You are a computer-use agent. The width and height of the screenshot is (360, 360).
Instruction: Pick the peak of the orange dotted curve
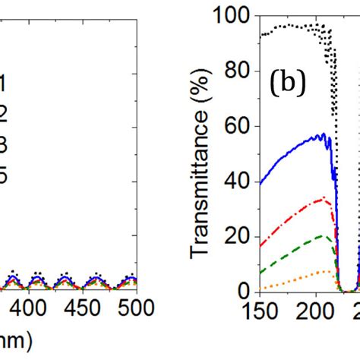click(x=327, y=270)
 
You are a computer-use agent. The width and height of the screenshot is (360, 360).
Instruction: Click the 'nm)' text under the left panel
click(x=15, y=342)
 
